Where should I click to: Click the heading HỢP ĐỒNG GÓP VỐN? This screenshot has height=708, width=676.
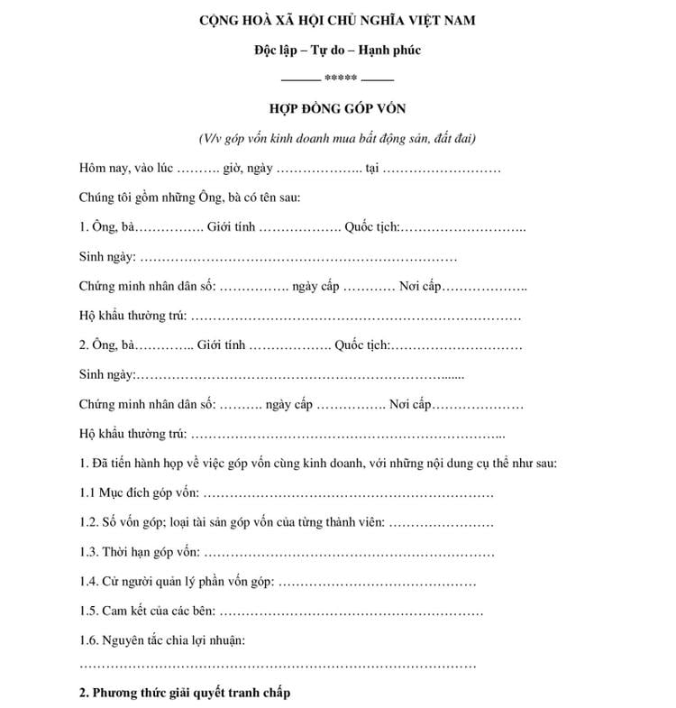[x=338, y=109]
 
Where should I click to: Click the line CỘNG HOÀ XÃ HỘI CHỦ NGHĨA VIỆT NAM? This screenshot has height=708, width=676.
[x=338, y=20]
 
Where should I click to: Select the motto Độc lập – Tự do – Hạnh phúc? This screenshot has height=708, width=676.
[x=338, y=50]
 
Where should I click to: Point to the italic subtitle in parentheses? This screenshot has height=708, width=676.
[x=338, y=139]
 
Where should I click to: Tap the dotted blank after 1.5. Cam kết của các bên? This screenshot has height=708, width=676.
[x=352, y=611]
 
